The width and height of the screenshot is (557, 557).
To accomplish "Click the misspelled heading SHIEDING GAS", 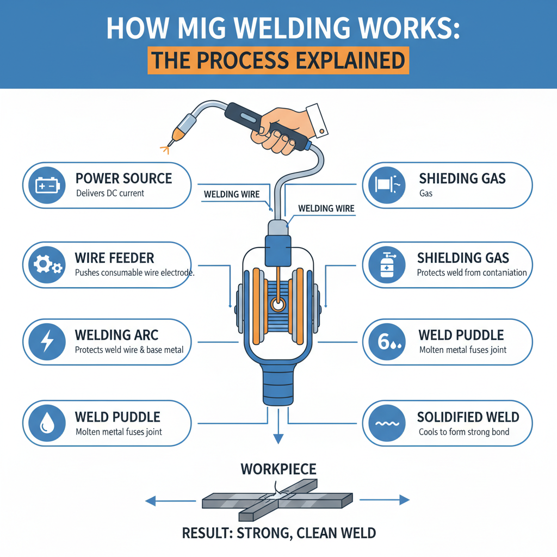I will [462, 178].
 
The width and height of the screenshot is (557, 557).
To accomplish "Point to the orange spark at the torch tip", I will [165, 145].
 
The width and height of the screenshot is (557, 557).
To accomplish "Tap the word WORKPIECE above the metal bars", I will [278, 468].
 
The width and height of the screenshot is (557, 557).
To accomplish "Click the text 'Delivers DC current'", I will [110, 193].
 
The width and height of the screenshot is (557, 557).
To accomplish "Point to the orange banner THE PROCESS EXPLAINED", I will [278, 59].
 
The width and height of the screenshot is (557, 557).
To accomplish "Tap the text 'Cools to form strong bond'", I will [464, 432].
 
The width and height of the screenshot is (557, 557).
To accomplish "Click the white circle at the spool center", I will [278, 306].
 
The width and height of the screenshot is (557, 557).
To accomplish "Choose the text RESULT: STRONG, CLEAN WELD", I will [278, 532].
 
